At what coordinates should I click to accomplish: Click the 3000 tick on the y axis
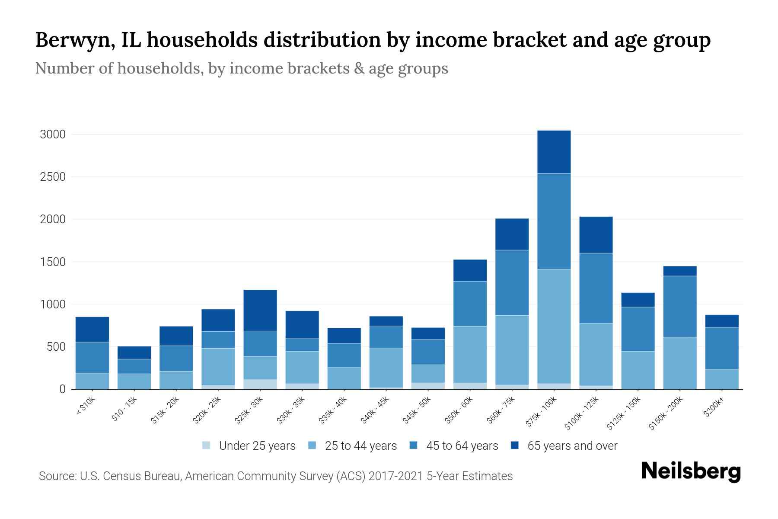[x=53, y=135]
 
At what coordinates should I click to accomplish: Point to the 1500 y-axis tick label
[x=53, y=262]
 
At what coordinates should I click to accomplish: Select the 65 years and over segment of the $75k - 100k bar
[x=554, y=152]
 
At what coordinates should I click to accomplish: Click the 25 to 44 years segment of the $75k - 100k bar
[x=554, y=326]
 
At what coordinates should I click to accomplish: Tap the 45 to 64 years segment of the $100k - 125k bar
[x=596, y=288]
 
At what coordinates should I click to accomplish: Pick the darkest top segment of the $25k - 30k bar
[x=260, y=310]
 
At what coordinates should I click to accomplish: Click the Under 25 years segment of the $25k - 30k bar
[x=260, y=384]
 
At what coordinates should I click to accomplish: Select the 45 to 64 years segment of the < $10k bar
[x=92, y=357]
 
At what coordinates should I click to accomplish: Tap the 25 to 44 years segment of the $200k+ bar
[x=722, y=379]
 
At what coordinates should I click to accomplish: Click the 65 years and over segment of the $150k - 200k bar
[x=680, y=271]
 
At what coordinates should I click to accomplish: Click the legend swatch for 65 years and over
[x=515, y=445]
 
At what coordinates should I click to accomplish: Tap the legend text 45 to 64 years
[x=462, y=446]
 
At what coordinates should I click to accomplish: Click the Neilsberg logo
[x=691, y=471]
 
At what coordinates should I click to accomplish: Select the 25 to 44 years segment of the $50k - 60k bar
[x=470, y=354]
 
